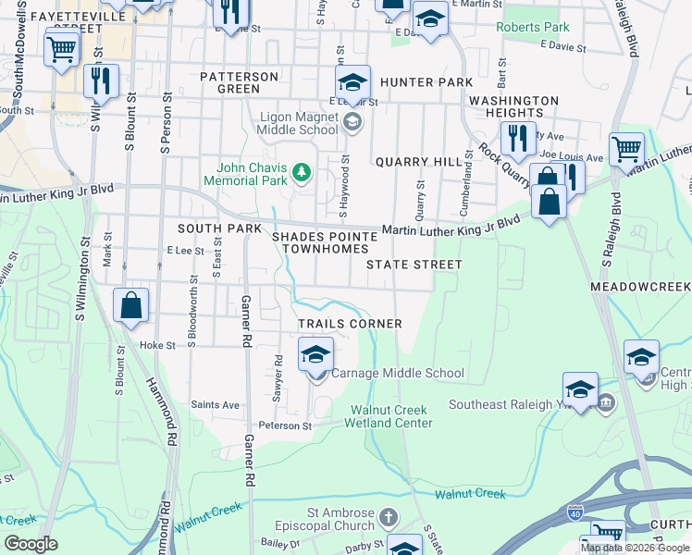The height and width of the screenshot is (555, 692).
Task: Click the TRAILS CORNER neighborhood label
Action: click(350, 324)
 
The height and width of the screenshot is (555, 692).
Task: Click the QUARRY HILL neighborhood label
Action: click(418, 162)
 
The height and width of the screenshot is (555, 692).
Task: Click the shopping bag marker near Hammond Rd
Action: click(130, 305)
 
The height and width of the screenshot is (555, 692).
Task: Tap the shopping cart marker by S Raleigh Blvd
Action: click(626, 148)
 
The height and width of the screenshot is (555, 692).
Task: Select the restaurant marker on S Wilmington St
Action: click(101, 80)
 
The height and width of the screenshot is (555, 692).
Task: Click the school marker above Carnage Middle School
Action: click(315, 353)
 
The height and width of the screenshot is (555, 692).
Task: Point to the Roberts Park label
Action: click(533, 27)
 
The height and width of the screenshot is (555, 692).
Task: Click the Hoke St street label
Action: click(157, 345)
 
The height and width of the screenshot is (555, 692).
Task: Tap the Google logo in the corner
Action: click(31, 544)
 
